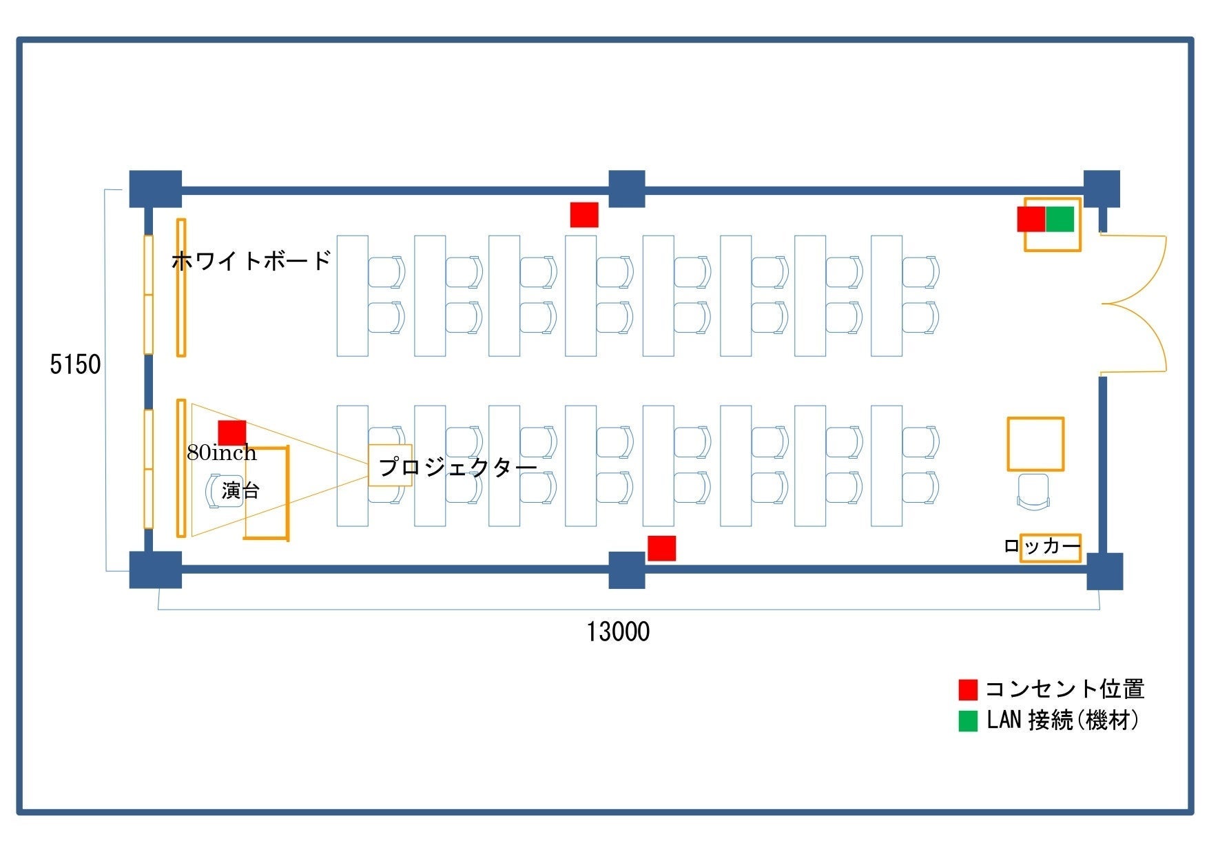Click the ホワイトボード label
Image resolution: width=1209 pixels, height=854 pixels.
[251, 261]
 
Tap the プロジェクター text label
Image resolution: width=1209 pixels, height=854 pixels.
[458, 467]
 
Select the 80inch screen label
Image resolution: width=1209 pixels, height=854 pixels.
[222, 452]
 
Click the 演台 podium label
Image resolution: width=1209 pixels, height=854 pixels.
[240, 491]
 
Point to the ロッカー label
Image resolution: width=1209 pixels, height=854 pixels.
[1042, 547]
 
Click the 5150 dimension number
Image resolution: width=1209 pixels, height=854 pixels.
[75, 364]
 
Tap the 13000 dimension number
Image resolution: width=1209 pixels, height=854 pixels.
[618, 632]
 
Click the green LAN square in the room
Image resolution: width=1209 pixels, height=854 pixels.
[1060, 219]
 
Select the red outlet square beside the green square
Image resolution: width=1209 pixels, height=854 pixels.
[1031, 219]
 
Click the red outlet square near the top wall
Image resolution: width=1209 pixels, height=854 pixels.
[584, 214]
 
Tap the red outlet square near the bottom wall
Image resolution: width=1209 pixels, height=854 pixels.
[661, 548]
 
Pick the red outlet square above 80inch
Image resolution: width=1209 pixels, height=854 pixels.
[232, 433]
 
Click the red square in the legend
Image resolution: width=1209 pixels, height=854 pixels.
[968, 689]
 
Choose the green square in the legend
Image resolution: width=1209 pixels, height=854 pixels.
[968, 721]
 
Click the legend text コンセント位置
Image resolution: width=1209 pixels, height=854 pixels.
[1065, 689]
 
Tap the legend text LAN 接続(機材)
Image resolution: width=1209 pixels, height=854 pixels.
[1063, 720]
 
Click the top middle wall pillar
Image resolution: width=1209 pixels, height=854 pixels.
[627, 189]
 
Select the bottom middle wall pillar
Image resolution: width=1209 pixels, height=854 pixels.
[627, 570]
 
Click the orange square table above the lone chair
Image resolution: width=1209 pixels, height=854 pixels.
[1035, 444]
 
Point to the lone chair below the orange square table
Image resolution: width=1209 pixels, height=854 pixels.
[1033, 492]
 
